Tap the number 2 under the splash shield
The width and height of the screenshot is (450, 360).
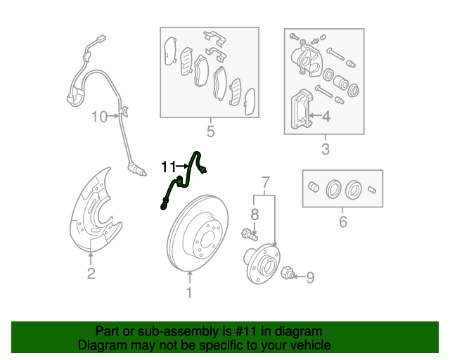[91, 274]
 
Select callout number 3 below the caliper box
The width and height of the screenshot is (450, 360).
[325, 149]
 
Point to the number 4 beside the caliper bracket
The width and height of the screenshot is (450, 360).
[326, 117]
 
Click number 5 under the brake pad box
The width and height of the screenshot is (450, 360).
[210, 131]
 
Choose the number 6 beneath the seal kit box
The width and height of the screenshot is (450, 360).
[342, 223]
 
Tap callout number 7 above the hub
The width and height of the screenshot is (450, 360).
[265, 184]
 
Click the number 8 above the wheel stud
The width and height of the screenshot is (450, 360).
[255, 213]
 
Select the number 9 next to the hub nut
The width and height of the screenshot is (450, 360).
[309, 278]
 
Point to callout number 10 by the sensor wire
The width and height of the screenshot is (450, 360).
[99, 116]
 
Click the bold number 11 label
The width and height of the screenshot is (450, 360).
[169, 167]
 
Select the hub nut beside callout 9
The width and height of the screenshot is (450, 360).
[286, 274]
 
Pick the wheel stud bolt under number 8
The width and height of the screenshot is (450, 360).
[248, 233]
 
